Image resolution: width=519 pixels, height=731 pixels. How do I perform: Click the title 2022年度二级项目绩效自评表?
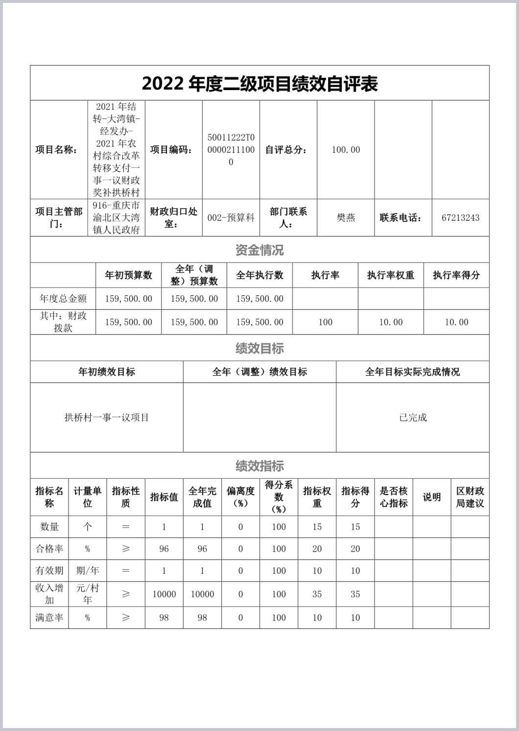point(259,84)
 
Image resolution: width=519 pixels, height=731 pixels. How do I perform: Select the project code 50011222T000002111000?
point(231,150)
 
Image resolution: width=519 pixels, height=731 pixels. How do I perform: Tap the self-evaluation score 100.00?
point(346,150)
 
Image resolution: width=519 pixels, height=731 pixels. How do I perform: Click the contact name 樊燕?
point(346,218)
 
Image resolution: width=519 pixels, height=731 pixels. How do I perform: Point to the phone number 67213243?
point(460,218)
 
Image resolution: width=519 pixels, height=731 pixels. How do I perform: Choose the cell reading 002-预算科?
point(231,218)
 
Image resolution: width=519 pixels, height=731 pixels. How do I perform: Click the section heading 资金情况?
point(259,250)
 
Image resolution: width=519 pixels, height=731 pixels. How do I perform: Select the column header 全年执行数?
point(259,275)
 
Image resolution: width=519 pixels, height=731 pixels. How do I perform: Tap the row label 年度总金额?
point(63,298)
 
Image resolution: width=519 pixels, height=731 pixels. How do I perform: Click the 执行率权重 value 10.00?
point(391,322)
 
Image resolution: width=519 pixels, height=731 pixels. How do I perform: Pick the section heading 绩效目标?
point(259,349)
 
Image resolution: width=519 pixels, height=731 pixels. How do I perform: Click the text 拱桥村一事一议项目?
point(107,418)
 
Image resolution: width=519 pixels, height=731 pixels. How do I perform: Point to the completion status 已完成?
point(413,418)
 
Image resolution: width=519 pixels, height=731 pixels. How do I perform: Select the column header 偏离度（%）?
point(240,497)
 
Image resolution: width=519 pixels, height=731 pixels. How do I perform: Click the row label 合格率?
point(49,549)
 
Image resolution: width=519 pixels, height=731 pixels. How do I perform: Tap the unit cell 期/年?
point(88,570)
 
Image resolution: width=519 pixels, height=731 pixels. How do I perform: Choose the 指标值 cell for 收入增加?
point(164,594)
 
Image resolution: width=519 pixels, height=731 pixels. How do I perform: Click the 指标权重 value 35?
point(317,594)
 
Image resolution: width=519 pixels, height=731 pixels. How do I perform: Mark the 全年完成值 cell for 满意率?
point(202,617)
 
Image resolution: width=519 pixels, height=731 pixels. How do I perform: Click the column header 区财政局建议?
point(470,497)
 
